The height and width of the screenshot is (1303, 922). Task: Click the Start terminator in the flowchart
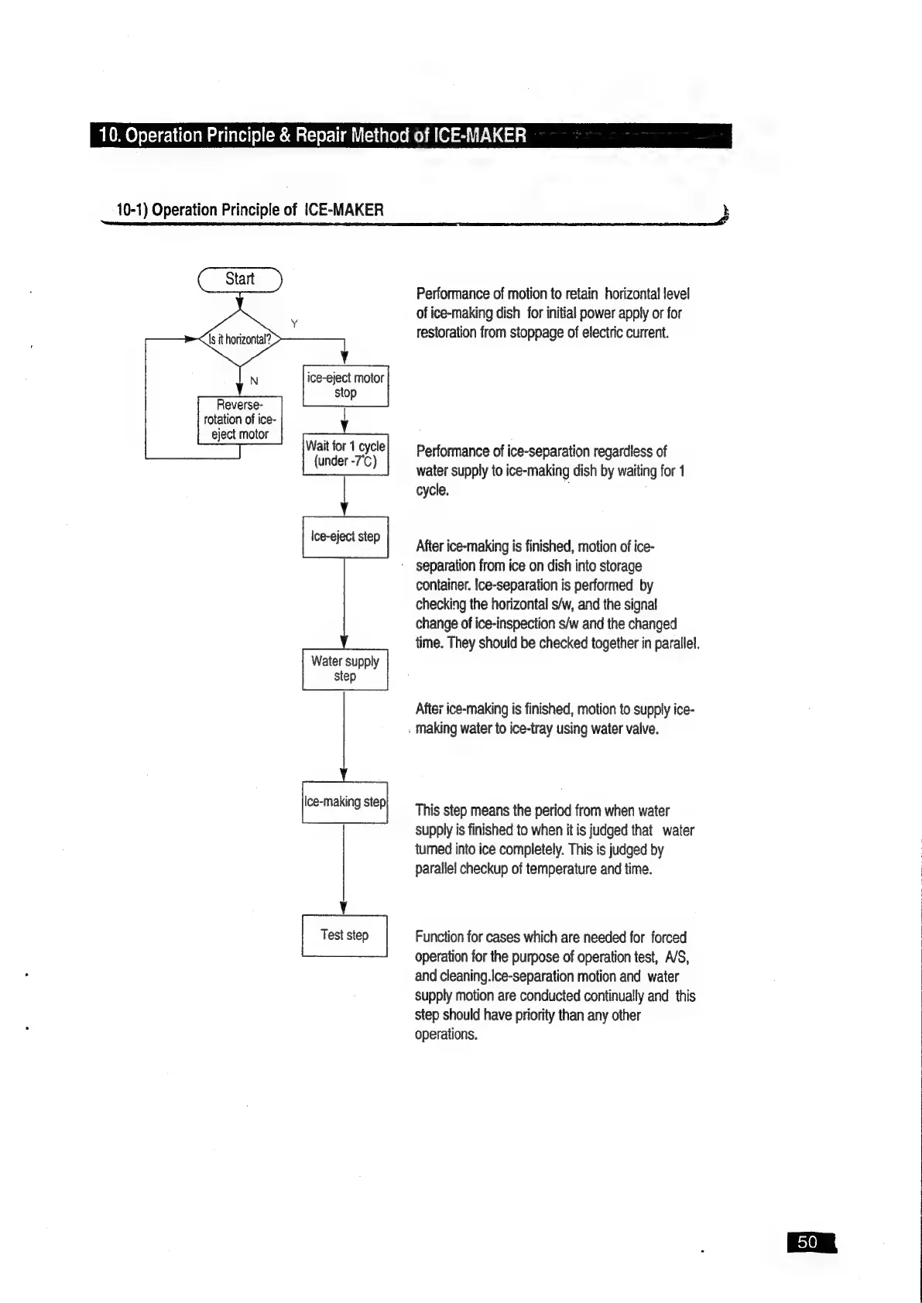[x=240, y=279]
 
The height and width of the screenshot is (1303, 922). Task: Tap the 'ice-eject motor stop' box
[x=345, y=386]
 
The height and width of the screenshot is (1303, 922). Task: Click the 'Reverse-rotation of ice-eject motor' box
[x=240, y=420]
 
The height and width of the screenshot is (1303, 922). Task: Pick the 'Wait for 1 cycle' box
[x=345, y=454]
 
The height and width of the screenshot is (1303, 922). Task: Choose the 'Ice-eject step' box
[x=345, y=537]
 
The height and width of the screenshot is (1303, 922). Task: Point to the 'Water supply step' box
[x=345, y=669]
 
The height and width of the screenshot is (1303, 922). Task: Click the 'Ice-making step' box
[x=345, y=802]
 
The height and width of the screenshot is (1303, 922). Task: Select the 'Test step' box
[x=344, y=935]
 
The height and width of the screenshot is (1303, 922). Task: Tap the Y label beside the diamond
[x=294, y=323]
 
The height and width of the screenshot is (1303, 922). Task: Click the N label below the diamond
[x=254, y=380]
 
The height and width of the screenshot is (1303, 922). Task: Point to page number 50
[x=807, y=1243]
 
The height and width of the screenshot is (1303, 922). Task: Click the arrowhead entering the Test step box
[x=344, y=908]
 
